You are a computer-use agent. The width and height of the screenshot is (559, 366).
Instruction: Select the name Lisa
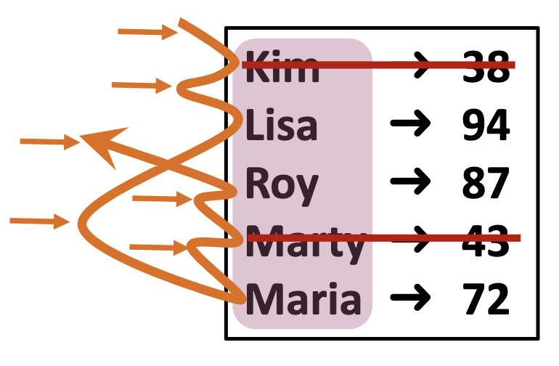click(x=282, y=125)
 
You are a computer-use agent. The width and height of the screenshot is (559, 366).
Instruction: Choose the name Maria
click(x=303, y=299)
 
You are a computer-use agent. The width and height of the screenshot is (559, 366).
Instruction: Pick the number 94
click(x=486, y=126)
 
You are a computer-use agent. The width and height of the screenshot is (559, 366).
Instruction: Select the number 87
click(x=486, y=183)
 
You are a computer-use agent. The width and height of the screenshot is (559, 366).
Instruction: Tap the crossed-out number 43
click(x=486, y=241)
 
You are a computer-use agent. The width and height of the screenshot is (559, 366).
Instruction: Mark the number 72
click(x=486, y=299)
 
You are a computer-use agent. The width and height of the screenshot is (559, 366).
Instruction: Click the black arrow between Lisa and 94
click(x=411, y=126)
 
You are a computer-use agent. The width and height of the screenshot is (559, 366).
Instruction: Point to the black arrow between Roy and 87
click(x=411, y=183)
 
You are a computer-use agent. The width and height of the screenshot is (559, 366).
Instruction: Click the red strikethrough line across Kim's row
click(x=378, y=65)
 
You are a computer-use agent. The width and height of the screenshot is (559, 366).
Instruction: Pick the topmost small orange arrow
click(x=148, y=31)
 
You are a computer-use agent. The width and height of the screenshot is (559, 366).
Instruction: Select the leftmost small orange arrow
click(x=39, y=220)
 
